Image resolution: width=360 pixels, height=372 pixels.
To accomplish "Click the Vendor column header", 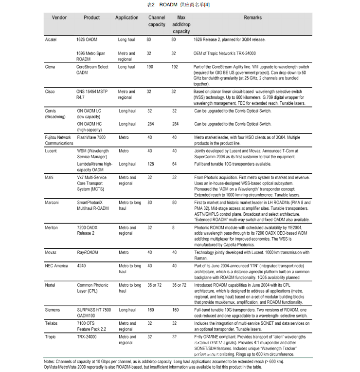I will (x=59, y=18).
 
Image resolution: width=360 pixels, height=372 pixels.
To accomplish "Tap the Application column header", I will (x=126, y=18).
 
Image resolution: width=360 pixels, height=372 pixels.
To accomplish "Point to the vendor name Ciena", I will (x=50, y=67).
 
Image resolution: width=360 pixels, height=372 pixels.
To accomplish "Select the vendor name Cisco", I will (x=50, y=91).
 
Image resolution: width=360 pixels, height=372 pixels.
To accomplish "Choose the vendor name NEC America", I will (x=57, y=266).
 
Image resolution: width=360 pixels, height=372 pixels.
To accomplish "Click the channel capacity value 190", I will (x=150, y=67).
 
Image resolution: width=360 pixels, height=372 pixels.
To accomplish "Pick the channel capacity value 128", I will (x=150, y=165).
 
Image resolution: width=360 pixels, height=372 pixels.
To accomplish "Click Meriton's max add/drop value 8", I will (x=173, y=228).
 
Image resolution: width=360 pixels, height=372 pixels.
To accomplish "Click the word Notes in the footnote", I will (x=50, y=362).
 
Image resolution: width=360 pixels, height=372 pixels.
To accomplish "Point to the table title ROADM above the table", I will (x=167, y=4).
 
